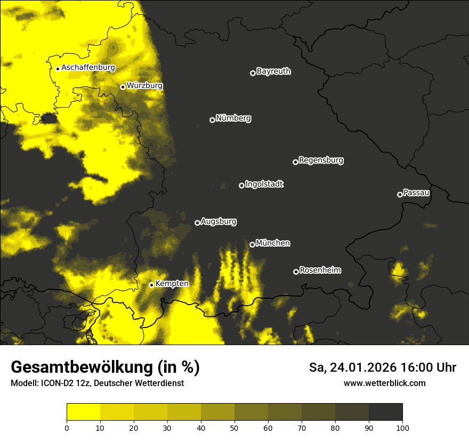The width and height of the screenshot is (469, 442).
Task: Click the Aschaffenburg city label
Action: click(x=88, y=68)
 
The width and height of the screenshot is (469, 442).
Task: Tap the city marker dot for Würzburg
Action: click(x=123, y=87)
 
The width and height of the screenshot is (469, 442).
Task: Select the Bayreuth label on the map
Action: click(x=273, y=71)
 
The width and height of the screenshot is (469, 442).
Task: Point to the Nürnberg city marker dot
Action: click(x=212, y=120)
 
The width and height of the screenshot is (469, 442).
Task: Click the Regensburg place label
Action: click(x=321, y=160)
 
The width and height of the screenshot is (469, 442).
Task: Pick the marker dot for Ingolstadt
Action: click(x=241, y=185)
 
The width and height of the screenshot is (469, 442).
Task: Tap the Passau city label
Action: click(x=416, y=193)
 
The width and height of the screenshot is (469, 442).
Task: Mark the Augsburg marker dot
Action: click(x=197, y=223)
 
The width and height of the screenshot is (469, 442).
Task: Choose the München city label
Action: click(x=273, y=243)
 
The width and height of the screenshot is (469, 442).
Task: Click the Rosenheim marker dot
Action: click(x=296, y=272)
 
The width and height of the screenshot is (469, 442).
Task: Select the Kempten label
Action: click(x=172, y=284)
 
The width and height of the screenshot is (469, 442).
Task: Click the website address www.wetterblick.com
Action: click(x=384, y=383)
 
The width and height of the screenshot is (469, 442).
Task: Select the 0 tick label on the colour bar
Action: click(x=67, y=428)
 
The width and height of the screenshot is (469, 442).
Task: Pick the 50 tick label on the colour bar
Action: click(x=234, y=428)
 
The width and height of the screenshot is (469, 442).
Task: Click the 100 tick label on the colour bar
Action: click(x=402, y=428)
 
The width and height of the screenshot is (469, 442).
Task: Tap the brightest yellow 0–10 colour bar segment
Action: click(x=83, y=412)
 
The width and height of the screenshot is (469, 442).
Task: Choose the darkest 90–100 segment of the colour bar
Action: click(x=385, y=412)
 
